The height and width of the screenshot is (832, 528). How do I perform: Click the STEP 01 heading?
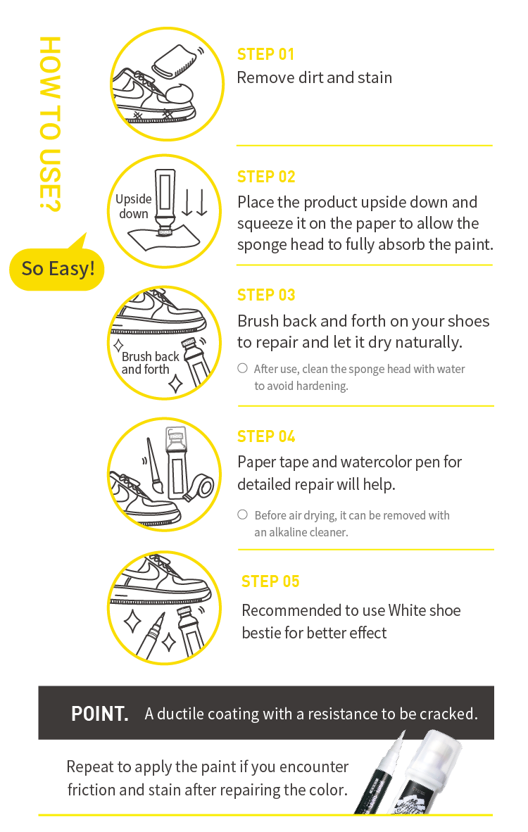point(265,54)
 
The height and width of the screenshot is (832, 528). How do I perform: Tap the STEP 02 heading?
point(266,177)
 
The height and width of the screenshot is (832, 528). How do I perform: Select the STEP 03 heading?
point(266,295)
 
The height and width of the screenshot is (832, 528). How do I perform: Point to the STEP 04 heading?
point(266,436)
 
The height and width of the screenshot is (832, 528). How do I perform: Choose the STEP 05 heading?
point(270,581)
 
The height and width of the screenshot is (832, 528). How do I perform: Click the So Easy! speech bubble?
point(57,269)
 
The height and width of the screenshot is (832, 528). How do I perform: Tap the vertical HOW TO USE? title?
point(50,124)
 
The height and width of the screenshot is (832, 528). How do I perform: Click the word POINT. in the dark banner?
point(100,714)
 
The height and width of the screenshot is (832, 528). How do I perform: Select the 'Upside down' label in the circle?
point(134,206)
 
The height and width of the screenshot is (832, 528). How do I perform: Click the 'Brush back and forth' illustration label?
point(150,363)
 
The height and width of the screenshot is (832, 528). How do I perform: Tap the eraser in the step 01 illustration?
point(175,62)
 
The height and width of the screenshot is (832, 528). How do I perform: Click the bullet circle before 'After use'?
point(242,368)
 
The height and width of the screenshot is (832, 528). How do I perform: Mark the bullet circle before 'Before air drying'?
point(242,514)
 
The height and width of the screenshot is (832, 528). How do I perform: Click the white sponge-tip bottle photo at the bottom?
point(430,772)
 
